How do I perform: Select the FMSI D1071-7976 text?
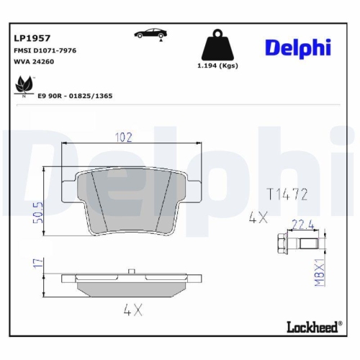pyautogui.click(x=45, y=50)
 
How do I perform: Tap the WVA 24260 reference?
pyautogui.click(x=33, y=63)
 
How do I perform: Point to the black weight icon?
pyautogui.click(x=217, y=46)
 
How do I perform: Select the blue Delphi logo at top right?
pyautogui.click(x=297, y=48)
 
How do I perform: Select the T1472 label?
pyautogui.click(x=287, y=194)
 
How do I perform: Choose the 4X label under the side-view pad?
pyautogui.click(x=132, y=311)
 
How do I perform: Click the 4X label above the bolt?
pyautogui.click(x=258, y=216)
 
